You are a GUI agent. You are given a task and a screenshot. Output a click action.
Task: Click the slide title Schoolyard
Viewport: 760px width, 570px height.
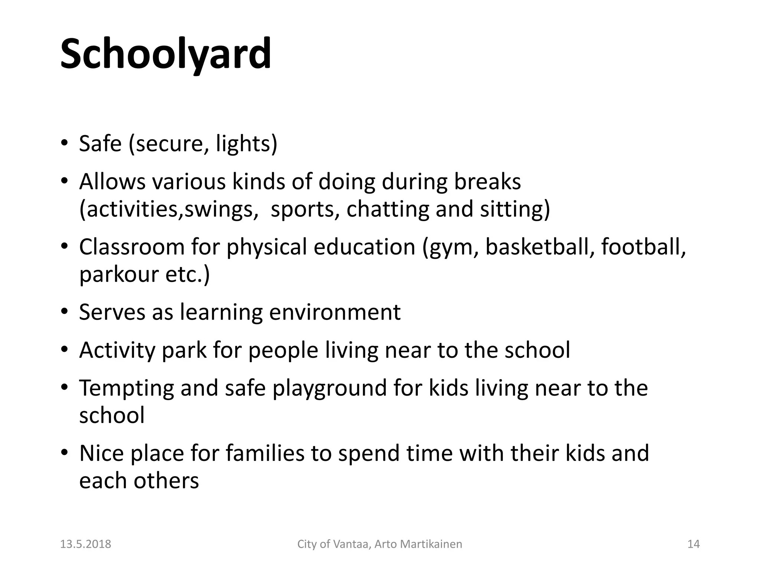tap(166, 54)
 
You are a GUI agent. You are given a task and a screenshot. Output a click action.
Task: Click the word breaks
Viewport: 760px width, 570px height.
tap(487, 182)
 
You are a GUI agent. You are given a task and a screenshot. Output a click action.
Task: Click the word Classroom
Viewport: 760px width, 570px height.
tap(132, 247)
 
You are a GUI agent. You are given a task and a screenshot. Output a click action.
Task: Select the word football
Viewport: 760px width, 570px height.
tap(643, 247)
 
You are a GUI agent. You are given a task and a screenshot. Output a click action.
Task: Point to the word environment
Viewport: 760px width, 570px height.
tap(335, 312)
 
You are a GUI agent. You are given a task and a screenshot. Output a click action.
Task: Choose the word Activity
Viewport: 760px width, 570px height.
tap(117, 350)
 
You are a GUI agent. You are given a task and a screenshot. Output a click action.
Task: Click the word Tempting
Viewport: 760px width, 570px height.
tap(127, 389)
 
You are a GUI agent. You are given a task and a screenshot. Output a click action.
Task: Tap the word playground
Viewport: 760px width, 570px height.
tap(330, 389)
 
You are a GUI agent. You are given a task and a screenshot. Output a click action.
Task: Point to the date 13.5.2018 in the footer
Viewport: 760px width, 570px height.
tap(86, 544)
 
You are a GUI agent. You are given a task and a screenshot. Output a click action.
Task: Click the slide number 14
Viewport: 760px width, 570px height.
tap(694, 544)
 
